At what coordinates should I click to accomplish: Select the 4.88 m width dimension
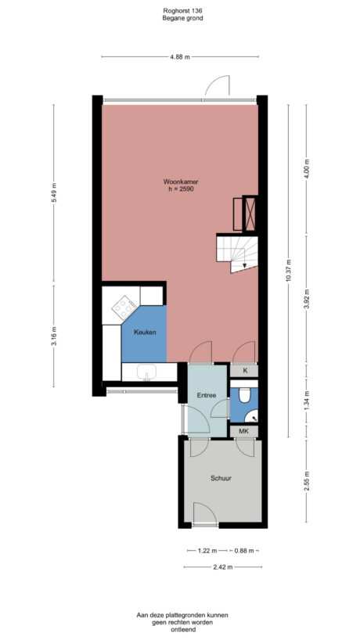181,57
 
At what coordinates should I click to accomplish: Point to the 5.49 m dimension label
54,193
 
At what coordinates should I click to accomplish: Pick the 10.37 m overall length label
288,270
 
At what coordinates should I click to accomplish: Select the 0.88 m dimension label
247,551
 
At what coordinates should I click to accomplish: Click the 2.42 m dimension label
222,566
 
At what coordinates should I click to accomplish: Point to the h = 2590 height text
181,189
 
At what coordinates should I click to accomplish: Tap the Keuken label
145,332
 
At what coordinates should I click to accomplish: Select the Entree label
206,395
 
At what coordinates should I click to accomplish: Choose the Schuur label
221,477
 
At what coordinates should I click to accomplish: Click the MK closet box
243,431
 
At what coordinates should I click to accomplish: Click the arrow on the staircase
246,264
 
